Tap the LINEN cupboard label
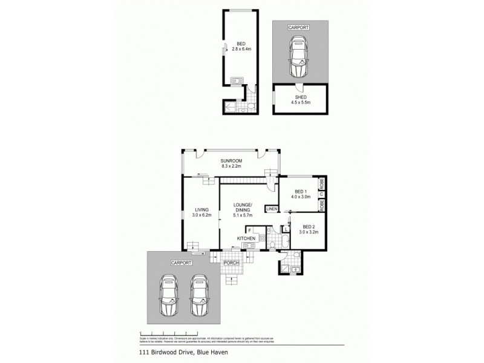coord(272,209)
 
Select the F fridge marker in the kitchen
coord(249,231)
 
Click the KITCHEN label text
coord(245,239)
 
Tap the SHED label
coord(300,97)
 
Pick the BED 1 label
coord(301,191)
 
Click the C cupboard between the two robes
coord(322,193)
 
